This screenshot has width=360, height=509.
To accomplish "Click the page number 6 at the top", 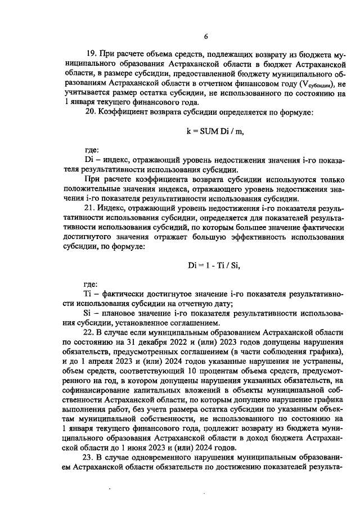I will (206, 37).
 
